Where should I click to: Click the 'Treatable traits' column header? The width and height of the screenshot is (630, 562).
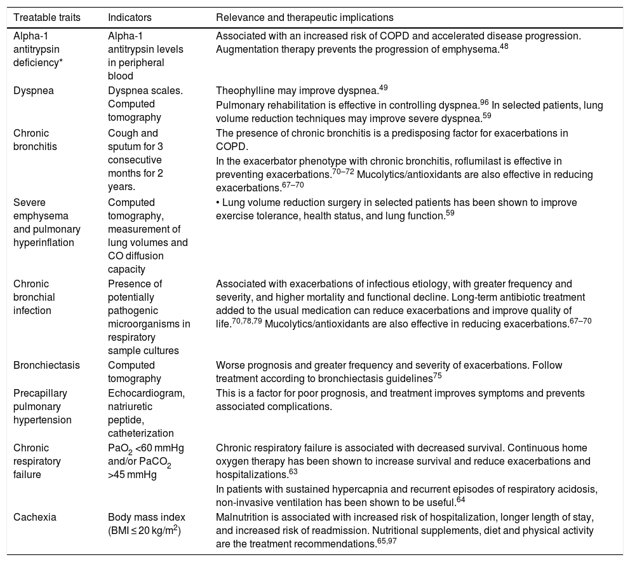47,17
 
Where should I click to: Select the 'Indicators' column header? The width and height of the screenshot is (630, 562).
130,17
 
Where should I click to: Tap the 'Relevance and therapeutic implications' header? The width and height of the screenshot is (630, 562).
305,17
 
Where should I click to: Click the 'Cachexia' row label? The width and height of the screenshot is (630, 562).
35,517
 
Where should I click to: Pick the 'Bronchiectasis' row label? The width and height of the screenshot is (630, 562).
43,366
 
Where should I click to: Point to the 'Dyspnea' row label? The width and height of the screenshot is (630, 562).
34,90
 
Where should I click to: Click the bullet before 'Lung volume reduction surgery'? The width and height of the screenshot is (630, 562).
218,203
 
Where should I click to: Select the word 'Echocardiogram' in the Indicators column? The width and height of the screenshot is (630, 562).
146,394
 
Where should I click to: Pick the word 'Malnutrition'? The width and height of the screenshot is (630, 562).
242,517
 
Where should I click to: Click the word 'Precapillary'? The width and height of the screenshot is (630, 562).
38,394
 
